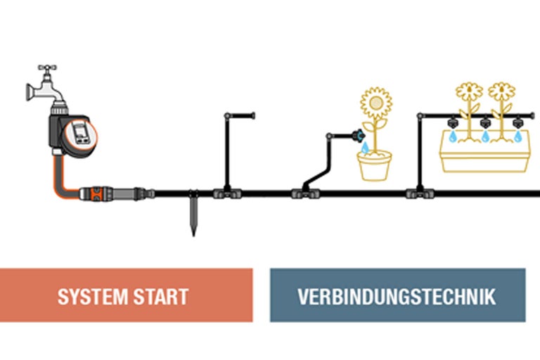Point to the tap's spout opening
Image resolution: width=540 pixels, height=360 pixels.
(x=30, y=91)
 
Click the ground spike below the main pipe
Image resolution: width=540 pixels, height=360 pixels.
(x=194, y=218)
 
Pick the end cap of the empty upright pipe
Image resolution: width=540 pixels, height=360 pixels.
(x=251, y=115)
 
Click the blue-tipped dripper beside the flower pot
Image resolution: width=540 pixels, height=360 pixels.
(x=360, y=133)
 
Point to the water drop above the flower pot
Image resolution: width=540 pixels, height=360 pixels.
(x=366, y=148)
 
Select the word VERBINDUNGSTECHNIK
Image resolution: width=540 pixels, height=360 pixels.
(x=397, y=296)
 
